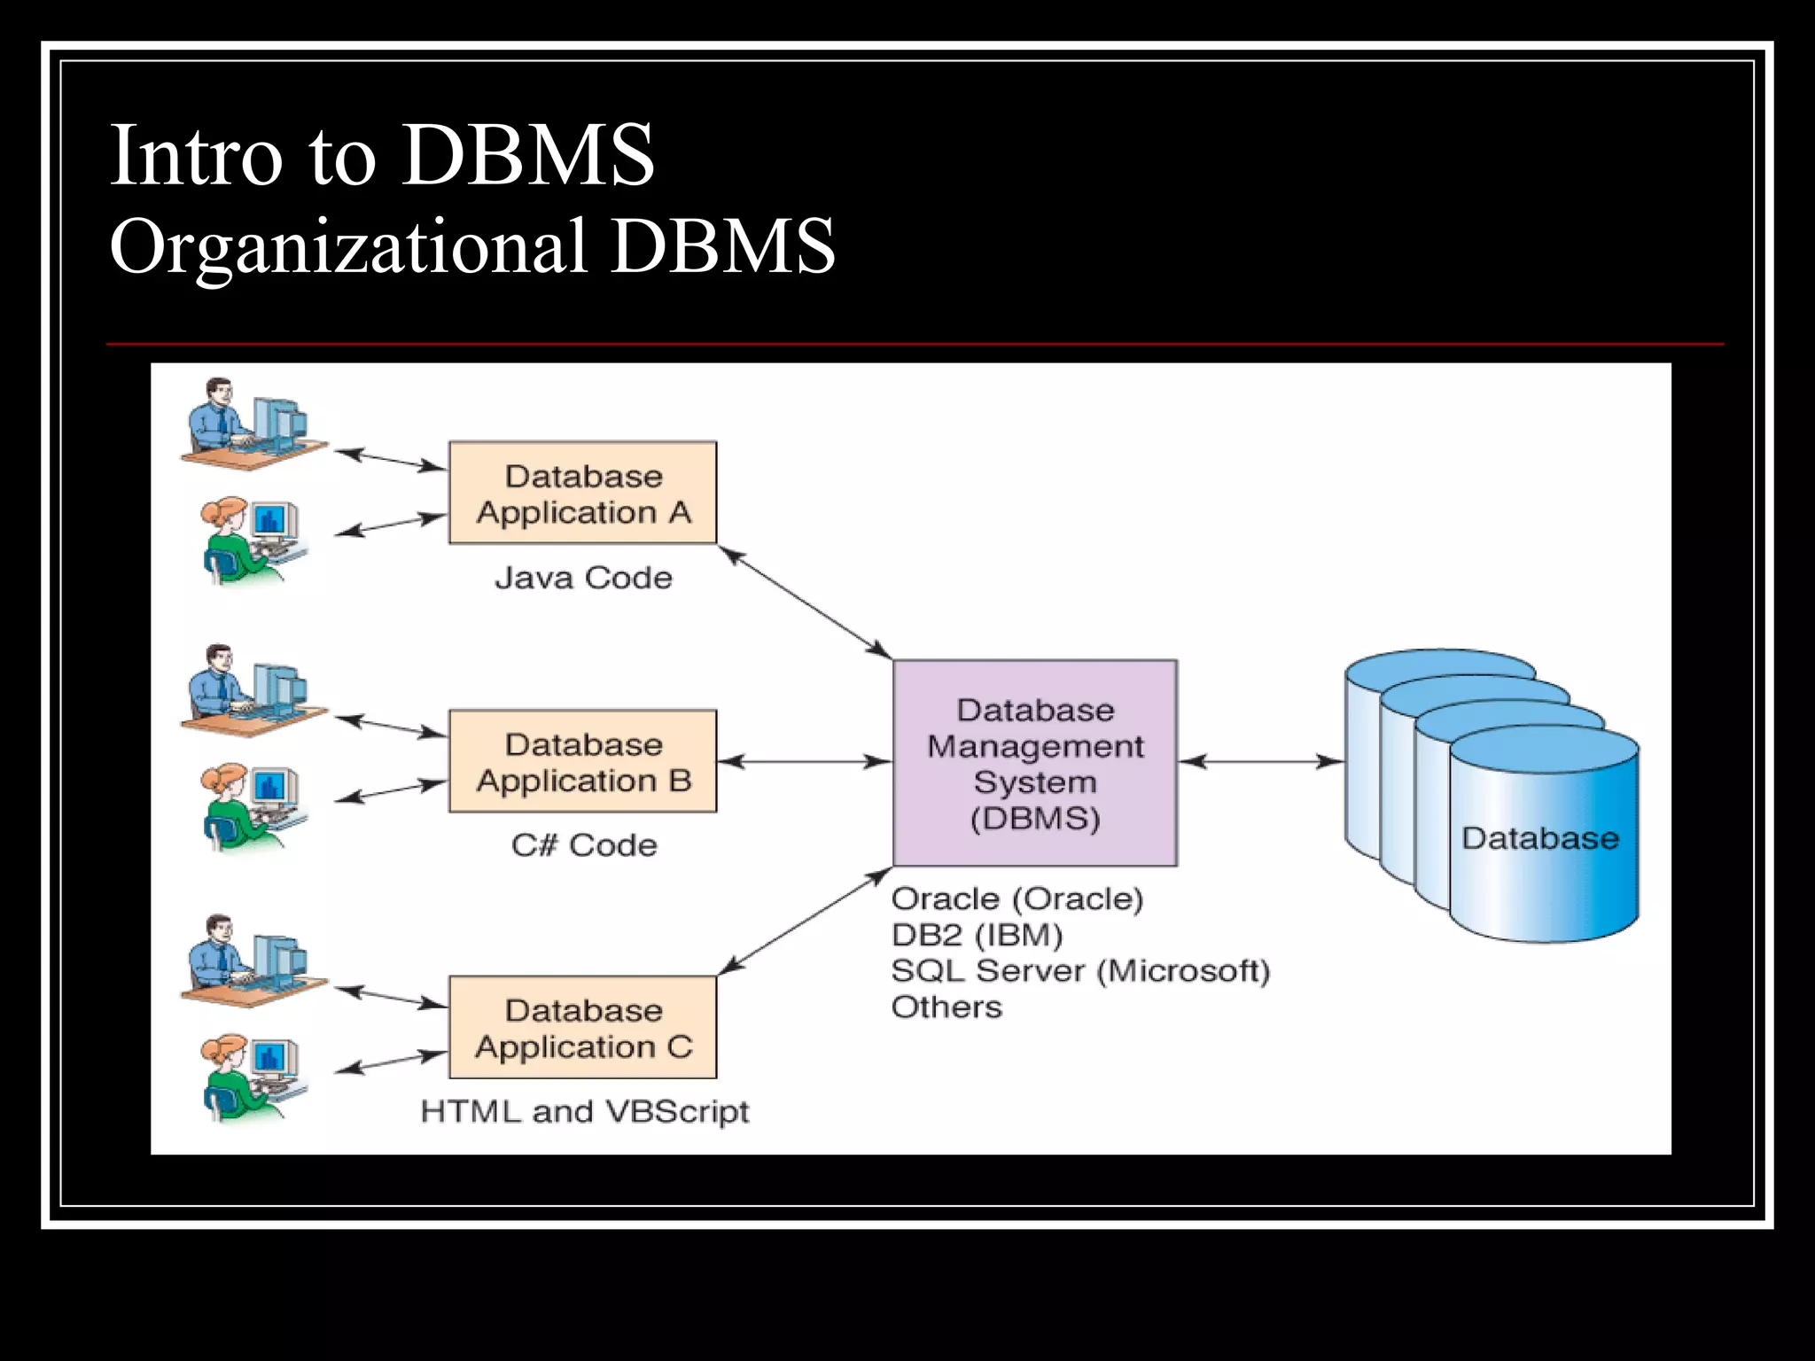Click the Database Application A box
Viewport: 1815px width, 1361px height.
582,493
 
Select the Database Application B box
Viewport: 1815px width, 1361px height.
582,761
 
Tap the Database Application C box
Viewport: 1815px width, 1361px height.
582,1028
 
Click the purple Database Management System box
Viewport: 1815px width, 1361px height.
1034,763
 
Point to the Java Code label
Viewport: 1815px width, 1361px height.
583,578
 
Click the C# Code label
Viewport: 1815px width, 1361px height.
583,845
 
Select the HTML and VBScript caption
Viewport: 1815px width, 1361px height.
584,1111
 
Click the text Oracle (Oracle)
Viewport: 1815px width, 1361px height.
1017,898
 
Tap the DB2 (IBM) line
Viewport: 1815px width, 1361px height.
976,935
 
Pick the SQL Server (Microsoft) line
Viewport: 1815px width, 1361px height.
1079,971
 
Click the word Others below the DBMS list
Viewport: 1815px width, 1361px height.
946,1007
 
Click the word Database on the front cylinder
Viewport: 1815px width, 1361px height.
1539,838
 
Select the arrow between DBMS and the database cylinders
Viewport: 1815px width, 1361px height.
1260,761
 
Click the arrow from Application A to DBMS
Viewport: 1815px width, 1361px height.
804,603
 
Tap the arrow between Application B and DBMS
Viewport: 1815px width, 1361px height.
804,761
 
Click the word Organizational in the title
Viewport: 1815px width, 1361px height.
347,246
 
